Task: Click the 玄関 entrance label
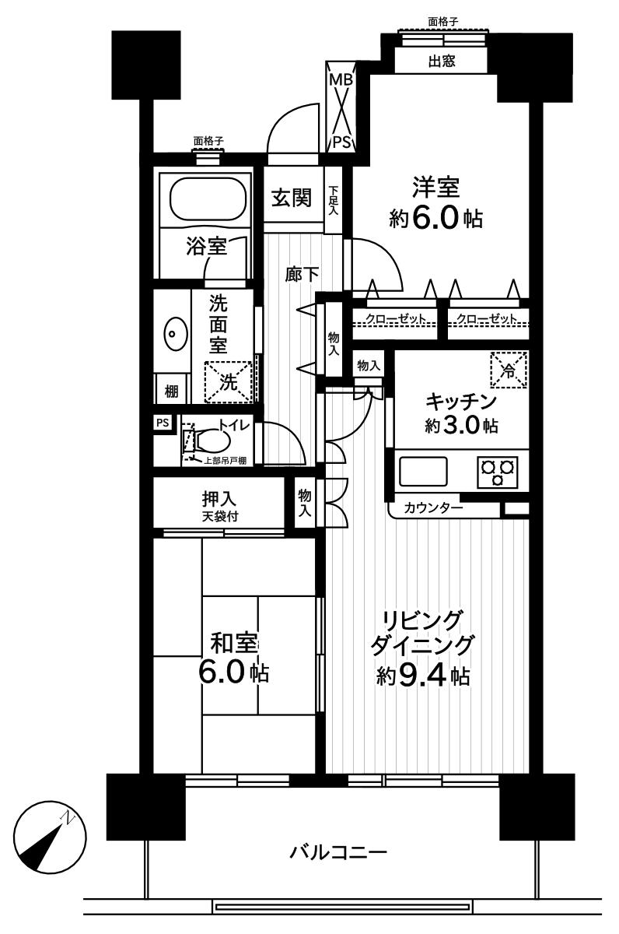(x=290, y=198)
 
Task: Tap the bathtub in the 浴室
(x=205, y=199)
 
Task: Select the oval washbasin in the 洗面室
(x=174, y=335)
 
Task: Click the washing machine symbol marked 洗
(x=229, y=381)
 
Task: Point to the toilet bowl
(x=211, y=441)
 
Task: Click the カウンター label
(x=433, y=508)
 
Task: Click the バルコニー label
(x=338, y=851)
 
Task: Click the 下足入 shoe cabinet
(x=334, y=200)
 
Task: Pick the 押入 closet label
(x=219, y=500)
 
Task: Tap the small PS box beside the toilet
(x=163, y=423)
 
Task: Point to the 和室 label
(x=234, y=644)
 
